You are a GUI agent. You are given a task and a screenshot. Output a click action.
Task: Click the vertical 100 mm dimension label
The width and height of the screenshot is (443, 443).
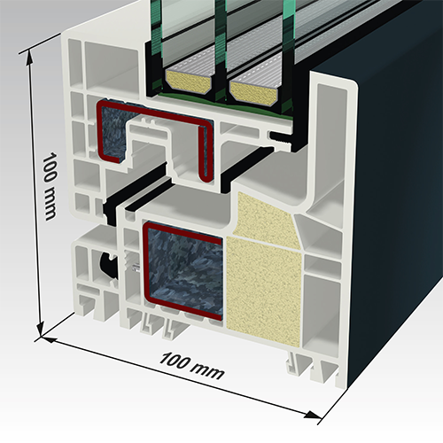50,186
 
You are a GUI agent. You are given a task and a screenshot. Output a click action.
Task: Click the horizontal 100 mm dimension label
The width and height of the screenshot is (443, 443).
191,366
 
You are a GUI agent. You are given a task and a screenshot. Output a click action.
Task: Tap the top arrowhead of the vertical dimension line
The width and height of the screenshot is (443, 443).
29,58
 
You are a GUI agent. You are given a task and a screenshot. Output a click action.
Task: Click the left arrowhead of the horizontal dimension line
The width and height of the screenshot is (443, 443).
48,339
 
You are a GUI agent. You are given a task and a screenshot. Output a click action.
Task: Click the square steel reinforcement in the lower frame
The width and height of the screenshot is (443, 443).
183,271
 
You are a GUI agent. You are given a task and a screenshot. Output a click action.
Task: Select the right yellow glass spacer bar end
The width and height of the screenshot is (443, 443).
254,93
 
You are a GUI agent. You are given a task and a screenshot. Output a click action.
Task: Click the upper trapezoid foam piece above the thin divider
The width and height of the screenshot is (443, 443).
264,215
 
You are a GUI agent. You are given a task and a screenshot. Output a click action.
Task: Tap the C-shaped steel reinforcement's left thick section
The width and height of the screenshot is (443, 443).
112,133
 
